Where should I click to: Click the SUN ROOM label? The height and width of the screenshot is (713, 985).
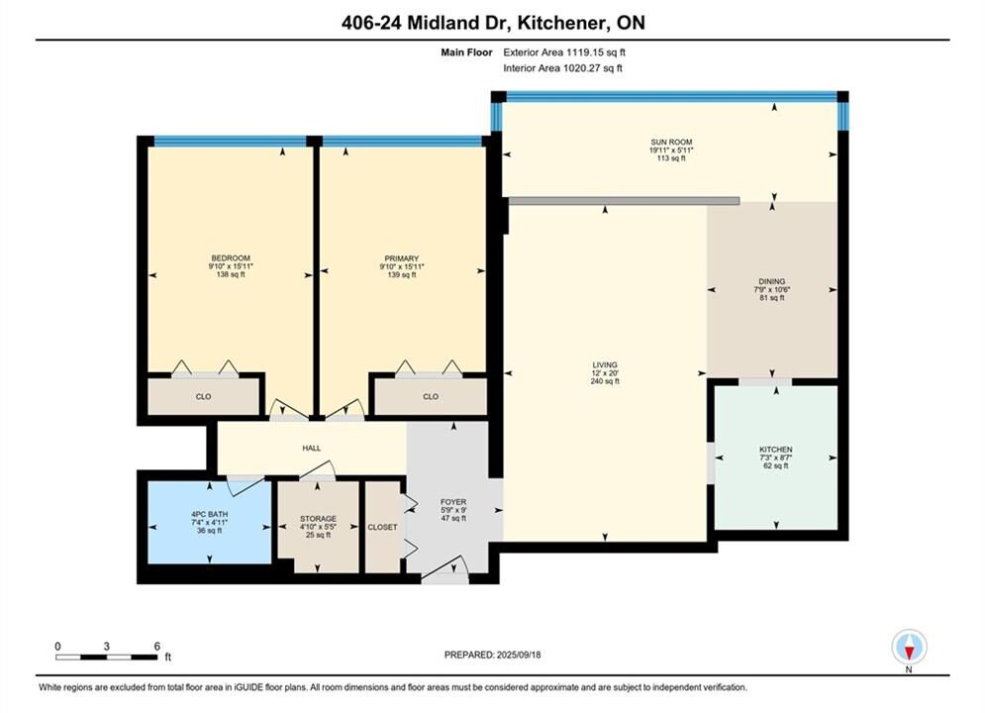pyautogui.click(x=671, y=142)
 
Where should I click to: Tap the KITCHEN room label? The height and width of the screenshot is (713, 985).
pyautogui.click(x=776, y=450)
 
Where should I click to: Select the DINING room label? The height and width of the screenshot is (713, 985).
pyautogui.click(x=771, y=281)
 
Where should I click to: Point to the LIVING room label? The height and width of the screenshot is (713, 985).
pyautogui.click(x=605, y=365)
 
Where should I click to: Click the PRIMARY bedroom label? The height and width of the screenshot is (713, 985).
pyautogui.click(x=401, y=258)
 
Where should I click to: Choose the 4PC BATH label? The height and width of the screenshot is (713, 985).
pyautogui.click(x=209, y=514)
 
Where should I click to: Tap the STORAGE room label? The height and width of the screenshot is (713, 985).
pyautogui.click(x=318, y=519)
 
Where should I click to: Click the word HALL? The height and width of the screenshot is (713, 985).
pyautogui.click(x=312, y=448)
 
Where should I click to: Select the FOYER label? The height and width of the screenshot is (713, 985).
pyautogui.click(x=453, y=502)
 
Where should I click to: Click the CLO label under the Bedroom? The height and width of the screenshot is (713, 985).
pyautogui.click(x=203, y=396)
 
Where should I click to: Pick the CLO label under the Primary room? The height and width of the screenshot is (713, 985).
pyautogui.click(x=431, y=396)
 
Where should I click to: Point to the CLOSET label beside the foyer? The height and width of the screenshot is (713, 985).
pyautogui.click(x=382, y=527)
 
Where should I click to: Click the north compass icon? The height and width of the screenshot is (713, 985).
pyautogui.click(x=909, y=647)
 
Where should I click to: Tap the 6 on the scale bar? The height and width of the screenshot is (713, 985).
pyautogui.click(x=157, y=646)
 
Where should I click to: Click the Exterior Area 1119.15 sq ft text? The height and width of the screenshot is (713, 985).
pyautogui.click(x=564, y=52)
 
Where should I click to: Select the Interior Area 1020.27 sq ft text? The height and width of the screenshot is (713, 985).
pyautogui.click(x=562, y=68)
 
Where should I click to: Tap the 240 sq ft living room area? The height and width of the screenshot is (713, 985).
pyautogui.click(x=605, y=381)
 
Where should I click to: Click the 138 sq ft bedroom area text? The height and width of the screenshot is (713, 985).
pyautogui.click(x=231, y=274)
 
